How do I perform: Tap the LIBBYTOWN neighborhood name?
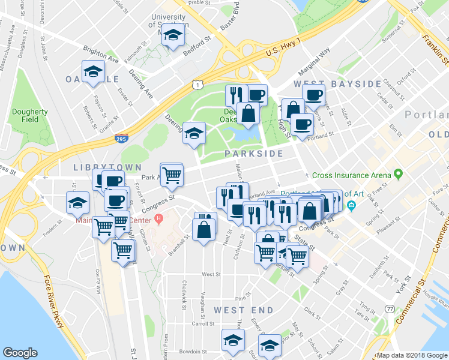point(107,167)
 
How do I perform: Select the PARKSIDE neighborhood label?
point(254,154)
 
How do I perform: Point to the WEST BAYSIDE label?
point(337,83)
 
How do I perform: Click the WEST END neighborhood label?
point(243,310)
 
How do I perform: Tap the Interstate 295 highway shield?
point(121,139)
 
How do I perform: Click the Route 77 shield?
point(390,308)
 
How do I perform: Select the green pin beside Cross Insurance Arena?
point(397,175)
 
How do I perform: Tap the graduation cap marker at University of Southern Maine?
point(173,36)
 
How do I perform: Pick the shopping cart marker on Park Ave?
point(172,175)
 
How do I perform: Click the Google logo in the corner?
point(20,353)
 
